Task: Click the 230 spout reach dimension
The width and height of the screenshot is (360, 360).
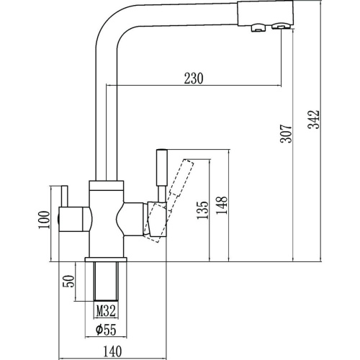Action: click(194, 78)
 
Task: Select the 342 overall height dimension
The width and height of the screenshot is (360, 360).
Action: click(314, 120)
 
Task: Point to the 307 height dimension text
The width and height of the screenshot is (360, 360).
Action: click(286, 134)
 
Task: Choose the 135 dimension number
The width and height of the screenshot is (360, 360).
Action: click(202, 210)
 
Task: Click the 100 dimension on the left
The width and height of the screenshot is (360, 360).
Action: click(44, 220)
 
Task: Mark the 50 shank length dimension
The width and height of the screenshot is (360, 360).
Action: click(68, 282)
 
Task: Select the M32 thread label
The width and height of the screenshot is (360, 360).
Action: click(106, 311)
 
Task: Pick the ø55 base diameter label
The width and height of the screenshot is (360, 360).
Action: click(106, 330)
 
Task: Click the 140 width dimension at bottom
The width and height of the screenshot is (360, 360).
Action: click(112, 351)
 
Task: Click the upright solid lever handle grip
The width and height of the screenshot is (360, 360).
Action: click(161, 167)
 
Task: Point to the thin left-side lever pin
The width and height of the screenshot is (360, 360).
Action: click(65, 196)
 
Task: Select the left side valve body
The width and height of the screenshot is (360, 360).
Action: click(74, 219)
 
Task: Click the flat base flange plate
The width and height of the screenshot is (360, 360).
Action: click(106, 259)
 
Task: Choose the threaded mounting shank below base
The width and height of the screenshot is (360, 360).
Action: click(106, 281)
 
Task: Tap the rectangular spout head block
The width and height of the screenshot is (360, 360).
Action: click(265, 13)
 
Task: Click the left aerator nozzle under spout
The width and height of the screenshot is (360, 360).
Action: click(258, 28)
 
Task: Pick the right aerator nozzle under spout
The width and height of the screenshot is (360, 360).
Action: click(279, 26)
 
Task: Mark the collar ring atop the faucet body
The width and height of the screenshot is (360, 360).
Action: click(107, 186)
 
